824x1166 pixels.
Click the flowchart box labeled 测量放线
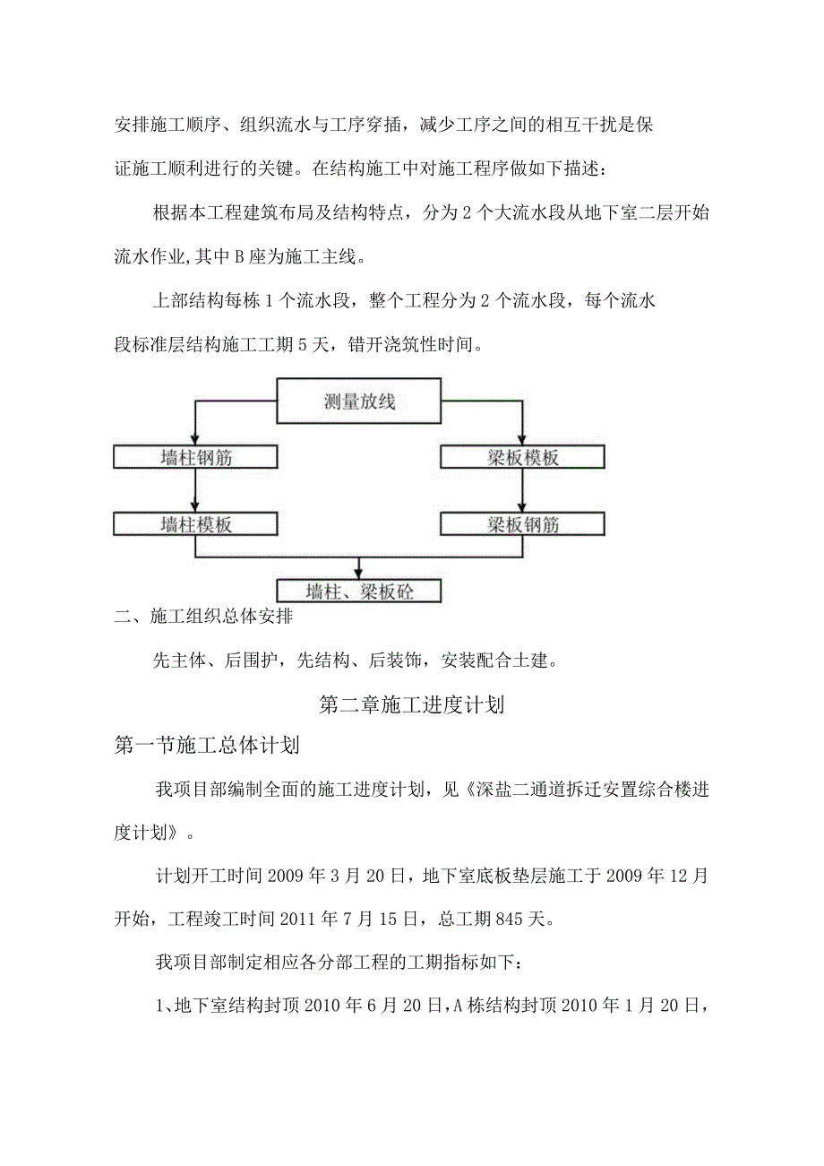coord(359,402)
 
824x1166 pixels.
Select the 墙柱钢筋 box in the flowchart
coord(197,458)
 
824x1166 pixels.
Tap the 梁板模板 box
coord(523,458)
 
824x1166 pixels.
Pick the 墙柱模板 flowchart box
coord(197,524)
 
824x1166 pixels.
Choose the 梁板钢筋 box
coord(523,524)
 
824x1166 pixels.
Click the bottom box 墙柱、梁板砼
coord(359,591)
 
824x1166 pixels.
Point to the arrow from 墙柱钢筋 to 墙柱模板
coord(196,491)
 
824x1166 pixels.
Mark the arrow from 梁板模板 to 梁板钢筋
coord(523,491)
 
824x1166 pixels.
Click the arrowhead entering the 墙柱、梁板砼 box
coord(359,573)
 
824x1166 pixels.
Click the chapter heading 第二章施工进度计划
coord(412,705)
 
